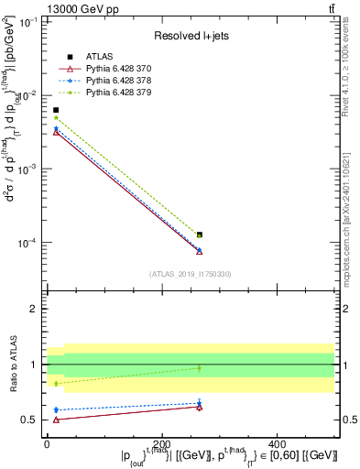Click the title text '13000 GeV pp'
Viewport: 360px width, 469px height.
click(78, 8)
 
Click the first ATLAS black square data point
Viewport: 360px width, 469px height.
click(56, 110)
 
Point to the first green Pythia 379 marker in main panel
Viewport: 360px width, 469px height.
click(56, 118)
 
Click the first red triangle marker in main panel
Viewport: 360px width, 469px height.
click(56, 133)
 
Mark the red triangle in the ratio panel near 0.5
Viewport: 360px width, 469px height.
click(56, 420)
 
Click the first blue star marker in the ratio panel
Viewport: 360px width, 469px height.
click(56, 409)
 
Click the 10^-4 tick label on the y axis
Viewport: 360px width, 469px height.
click(29, 243)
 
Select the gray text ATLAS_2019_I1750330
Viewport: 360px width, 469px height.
click(191, 274)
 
